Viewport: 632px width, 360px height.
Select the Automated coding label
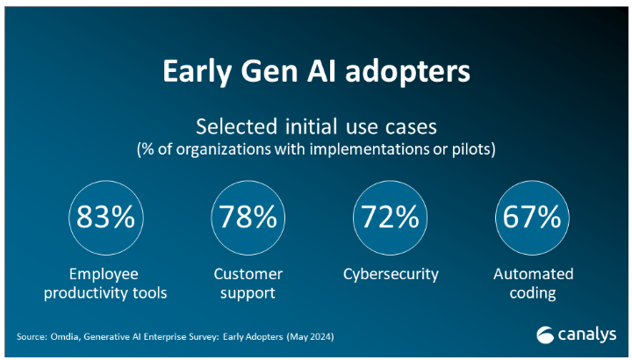click(532, 284)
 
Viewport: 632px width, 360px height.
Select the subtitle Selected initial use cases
click(316, 126)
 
